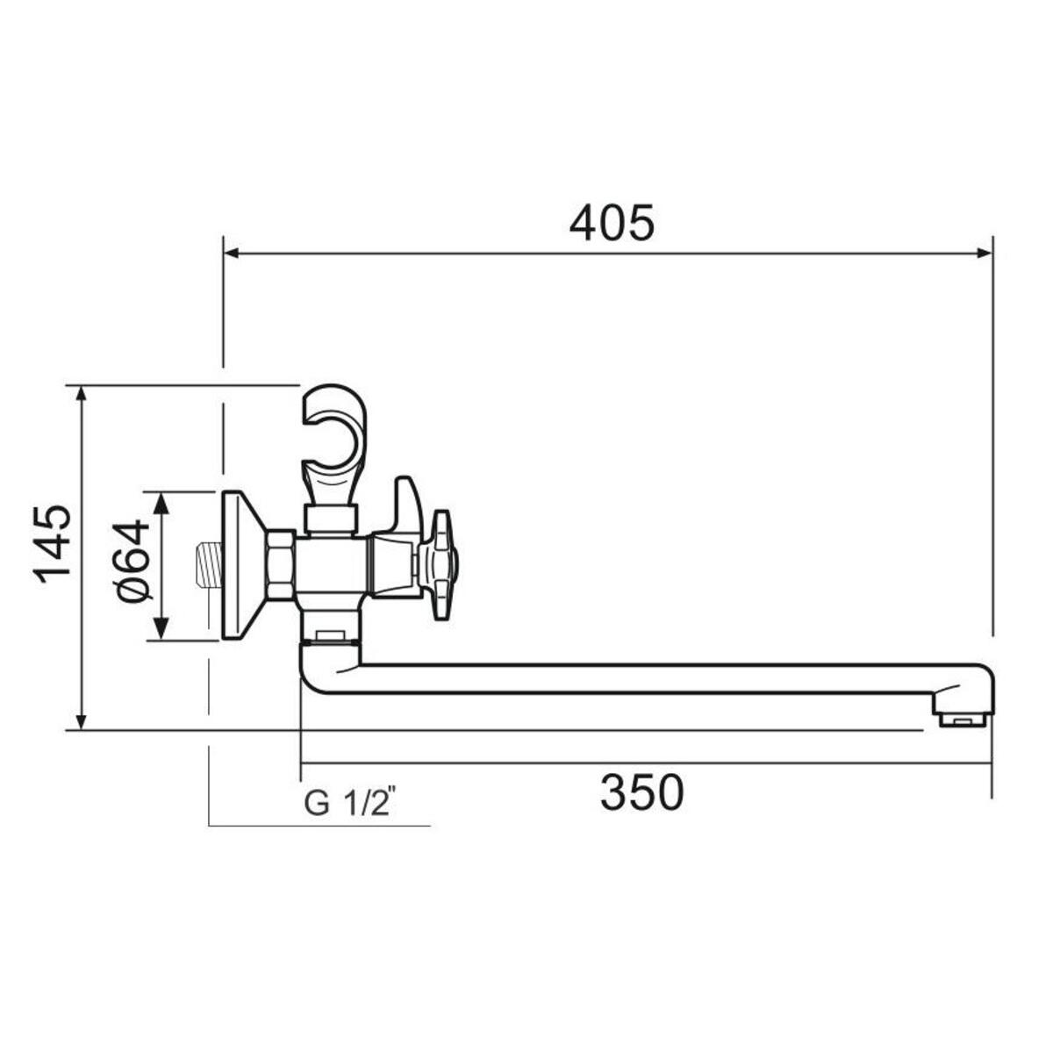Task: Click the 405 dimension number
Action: [x=611, y=224]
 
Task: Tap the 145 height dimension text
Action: [x=53, y=545]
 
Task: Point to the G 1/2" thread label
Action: [x=349, y=803]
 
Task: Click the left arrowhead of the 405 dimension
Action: [x=232, y=253]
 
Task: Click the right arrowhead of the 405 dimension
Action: [x=985, y=253]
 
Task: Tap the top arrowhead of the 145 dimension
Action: [x=82, y=396]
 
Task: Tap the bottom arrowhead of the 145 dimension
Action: [x=82, y=720]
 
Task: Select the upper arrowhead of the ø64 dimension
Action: [x=161, y=503]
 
